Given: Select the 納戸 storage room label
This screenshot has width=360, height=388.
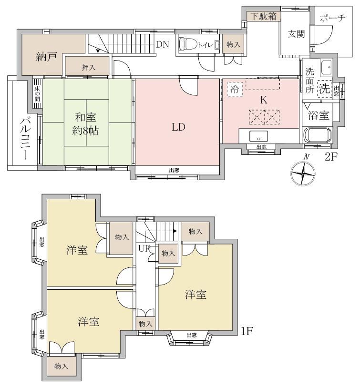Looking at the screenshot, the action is tap(47, 57).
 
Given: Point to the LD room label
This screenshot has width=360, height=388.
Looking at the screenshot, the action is tap(178, 127).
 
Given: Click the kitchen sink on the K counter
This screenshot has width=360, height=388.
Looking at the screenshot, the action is tap(258, 136).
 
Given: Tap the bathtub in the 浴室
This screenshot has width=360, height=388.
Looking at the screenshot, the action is tap(317, 135).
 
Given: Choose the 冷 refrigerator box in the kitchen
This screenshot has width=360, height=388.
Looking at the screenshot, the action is tap(235, 89).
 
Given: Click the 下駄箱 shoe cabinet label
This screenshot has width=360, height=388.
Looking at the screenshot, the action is tap(264, 16).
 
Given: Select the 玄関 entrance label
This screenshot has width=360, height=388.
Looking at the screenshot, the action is tap(297, 34).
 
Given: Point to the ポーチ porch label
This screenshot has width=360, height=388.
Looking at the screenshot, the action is tap(332, 18).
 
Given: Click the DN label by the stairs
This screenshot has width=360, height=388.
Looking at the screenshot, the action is tap(163, 44).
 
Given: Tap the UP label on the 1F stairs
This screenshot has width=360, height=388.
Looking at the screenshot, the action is tap(144, 248).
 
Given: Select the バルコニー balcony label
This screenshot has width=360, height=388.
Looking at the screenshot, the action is tap(26, 139).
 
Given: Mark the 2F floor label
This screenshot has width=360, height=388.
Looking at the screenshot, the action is tap(331, 157).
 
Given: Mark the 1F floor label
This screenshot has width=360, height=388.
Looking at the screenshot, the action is tap(247, 331).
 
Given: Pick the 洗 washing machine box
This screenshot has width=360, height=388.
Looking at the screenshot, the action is tap(325, 89).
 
